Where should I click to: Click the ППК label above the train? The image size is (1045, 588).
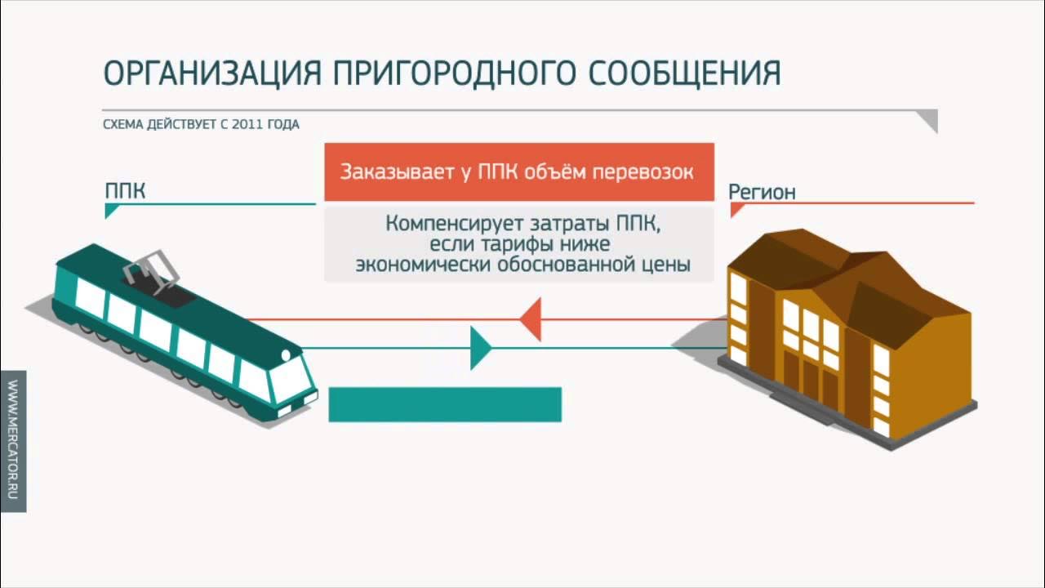pos(125,192)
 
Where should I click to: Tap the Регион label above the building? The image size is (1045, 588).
pos(762,192)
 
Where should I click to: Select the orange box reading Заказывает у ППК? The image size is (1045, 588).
pos(518,172)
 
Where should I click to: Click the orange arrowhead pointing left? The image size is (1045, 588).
pos(531,318)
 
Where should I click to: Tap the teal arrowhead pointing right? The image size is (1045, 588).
pos(481,348)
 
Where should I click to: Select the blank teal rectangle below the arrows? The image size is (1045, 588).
pos(445,404)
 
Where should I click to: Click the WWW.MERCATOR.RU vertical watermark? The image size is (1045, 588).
pos(13,441)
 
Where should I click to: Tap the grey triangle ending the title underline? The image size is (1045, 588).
pos(927,121)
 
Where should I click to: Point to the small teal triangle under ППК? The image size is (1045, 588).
pos(110,212)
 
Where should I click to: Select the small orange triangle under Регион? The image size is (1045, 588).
pos(736,211)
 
